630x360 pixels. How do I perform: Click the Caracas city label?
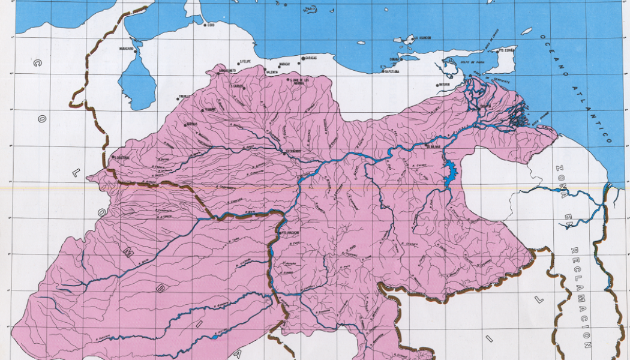pyautogui.click(x=310, y=58)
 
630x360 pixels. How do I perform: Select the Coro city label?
pyautogui.click(x=210, y=25)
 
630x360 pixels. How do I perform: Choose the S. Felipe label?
pyautogui.click(x=245, y=61)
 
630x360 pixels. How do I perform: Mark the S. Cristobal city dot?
pyautogui.click(x=113, y=158)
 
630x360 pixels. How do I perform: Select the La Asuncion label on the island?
pyautogui.click(x=424, y=38)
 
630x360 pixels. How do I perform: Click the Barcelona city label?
pyautogui.click(x=392, y=71)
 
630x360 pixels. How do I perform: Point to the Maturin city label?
pyautogui.click(x=444, y=85)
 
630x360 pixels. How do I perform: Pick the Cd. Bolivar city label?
pyautogui.click(x=434, y=145)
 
